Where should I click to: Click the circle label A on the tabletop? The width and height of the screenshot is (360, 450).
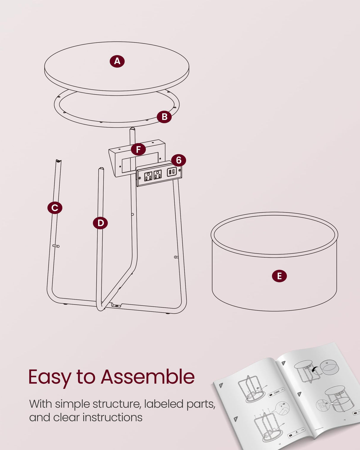117,61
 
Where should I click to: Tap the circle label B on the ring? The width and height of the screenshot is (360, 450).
164,117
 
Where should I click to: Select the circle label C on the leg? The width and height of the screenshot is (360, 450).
55,208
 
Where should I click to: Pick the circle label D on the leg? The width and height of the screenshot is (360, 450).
100,223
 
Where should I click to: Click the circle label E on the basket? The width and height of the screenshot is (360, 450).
279,276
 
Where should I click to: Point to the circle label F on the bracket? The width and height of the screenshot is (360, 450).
138,149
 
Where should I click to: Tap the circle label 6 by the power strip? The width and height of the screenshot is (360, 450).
179,160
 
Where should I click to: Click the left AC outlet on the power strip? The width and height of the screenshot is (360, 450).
148,176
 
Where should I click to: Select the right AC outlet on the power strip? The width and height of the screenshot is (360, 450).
157,174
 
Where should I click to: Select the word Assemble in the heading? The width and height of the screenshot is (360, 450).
147,377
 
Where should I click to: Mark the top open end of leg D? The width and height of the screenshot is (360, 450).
101,169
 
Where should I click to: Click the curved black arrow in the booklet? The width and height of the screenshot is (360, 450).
316,370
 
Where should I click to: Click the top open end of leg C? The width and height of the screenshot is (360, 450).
58,161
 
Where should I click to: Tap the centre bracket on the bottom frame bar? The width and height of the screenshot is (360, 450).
117,305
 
